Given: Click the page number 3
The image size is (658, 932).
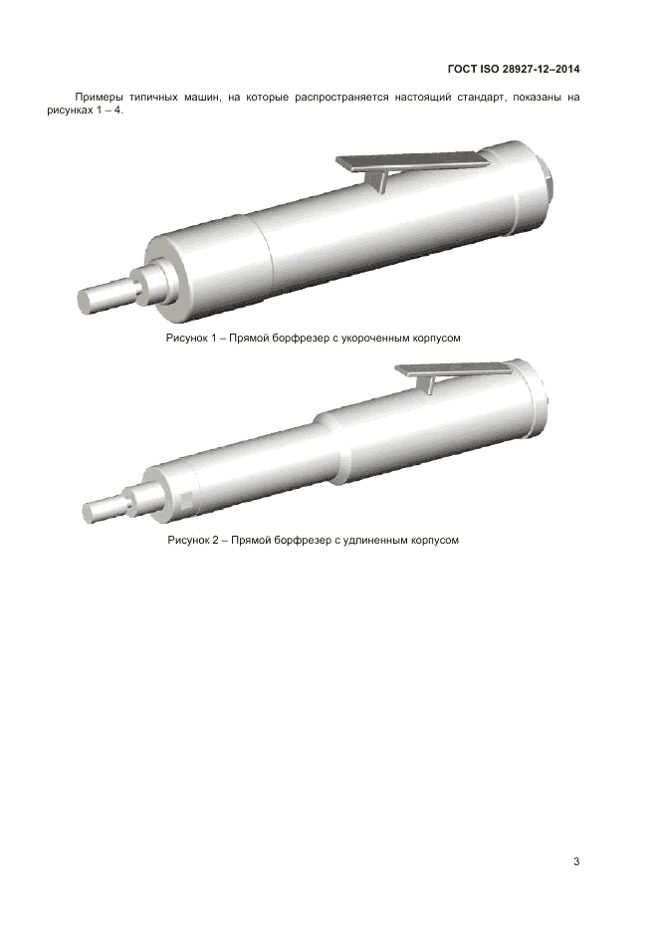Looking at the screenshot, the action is coord(576,861).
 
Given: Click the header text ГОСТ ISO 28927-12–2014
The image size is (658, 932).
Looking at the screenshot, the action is coord(514,69).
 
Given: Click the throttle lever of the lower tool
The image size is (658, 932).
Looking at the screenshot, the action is coord(453,369).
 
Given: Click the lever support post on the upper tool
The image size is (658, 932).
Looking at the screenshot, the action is coord(380,180).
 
